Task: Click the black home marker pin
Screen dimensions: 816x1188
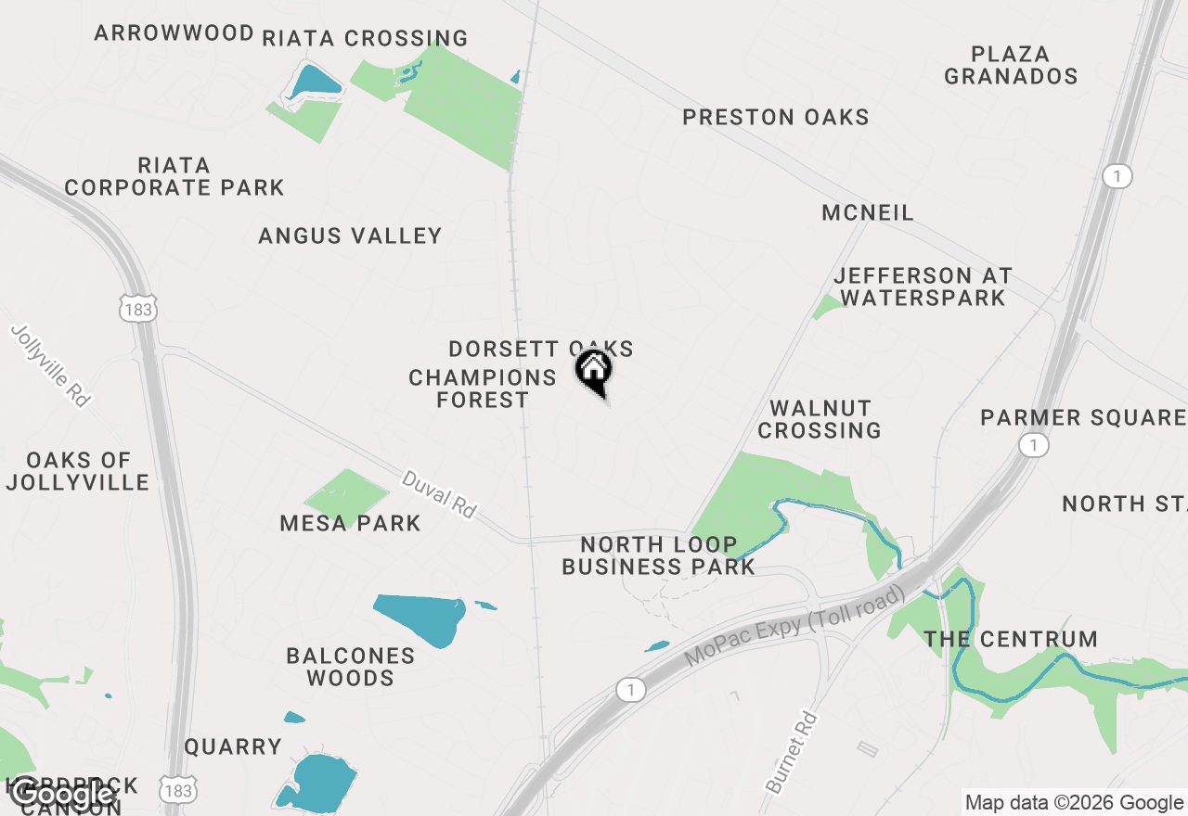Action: (x=594, y=371)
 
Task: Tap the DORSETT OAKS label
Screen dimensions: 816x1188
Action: (x=540, y=349)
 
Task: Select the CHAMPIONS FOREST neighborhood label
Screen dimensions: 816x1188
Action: (x=482, y=389)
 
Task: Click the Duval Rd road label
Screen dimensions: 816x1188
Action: (x=438, y=493)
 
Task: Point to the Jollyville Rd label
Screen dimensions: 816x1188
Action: (x=52, y=365)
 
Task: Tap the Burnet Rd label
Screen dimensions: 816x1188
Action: (x=793, y=752)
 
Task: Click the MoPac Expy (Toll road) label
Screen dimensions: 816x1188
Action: (x=795, y=625)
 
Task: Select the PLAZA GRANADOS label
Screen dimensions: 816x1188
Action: (x=1011, y=65)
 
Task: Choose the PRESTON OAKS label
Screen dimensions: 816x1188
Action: (x=776, y=117)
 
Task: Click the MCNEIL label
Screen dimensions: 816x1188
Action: (x=868, y=212)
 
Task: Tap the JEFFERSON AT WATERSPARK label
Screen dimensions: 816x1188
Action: (x=923, y=287)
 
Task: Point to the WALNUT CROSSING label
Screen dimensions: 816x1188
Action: (x=820, y=419)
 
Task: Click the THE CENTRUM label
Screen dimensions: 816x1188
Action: (x=1011, y=639)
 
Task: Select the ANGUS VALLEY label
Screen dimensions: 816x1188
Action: (x=350, y=236)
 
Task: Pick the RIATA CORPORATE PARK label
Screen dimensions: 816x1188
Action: (x=174, y=176)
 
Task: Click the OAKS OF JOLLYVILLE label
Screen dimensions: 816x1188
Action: (x=78, y=471)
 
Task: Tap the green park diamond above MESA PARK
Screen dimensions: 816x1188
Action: (x=347, y=492)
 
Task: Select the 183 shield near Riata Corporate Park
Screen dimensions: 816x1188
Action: (x=137, y=309)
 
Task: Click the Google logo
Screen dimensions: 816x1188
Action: (x=61, y=794)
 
